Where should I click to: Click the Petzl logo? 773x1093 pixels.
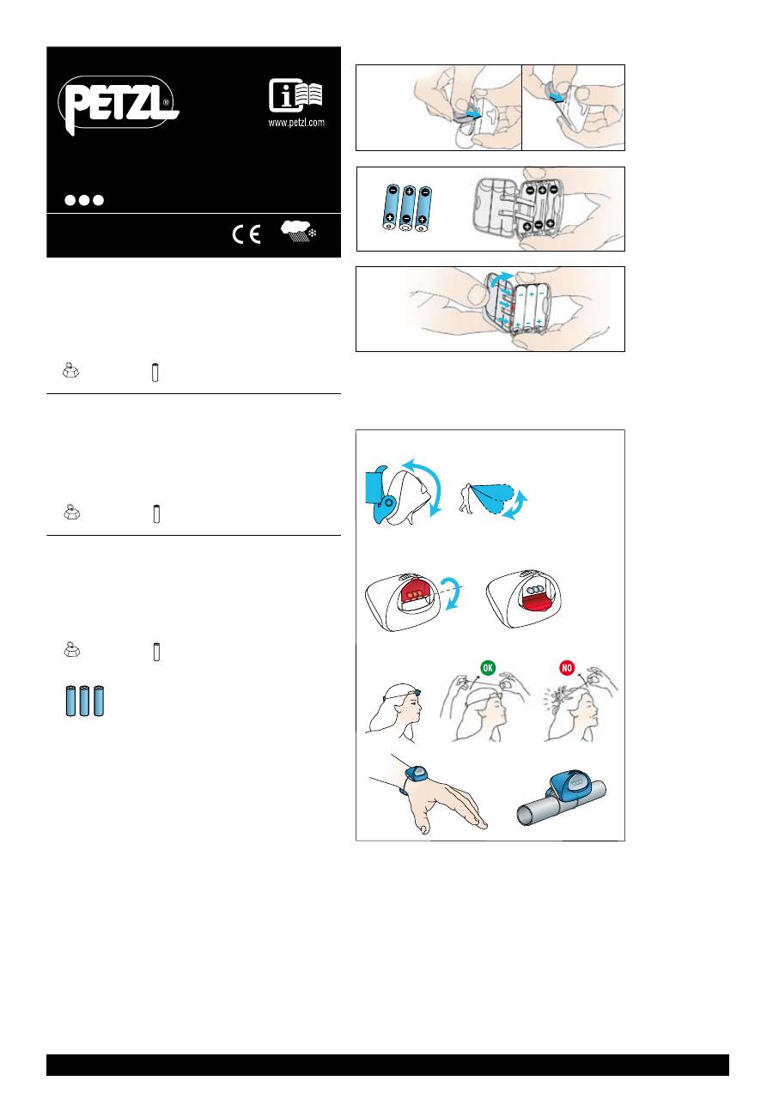(119, 105)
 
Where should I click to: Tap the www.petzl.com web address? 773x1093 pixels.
(296, 122)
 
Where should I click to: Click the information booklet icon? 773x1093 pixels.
(295, 94)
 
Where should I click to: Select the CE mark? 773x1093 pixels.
(247, 234)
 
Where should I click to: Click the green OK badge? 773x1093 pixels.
(488, 667)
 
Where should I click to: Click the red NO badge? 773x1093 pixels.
(567, 667)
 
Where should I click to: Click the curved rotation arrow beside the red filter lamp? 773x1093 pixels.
(452, 592)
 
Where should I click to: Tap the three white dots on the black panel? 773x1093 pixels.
(84, 200)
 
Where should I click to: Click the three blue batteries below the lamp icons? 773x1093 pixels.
(85, 701)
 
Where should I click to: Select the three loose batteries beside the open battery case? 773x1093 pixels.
(407, 208)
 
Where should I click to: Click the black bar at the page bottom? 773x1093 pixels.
(387, 1065)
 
